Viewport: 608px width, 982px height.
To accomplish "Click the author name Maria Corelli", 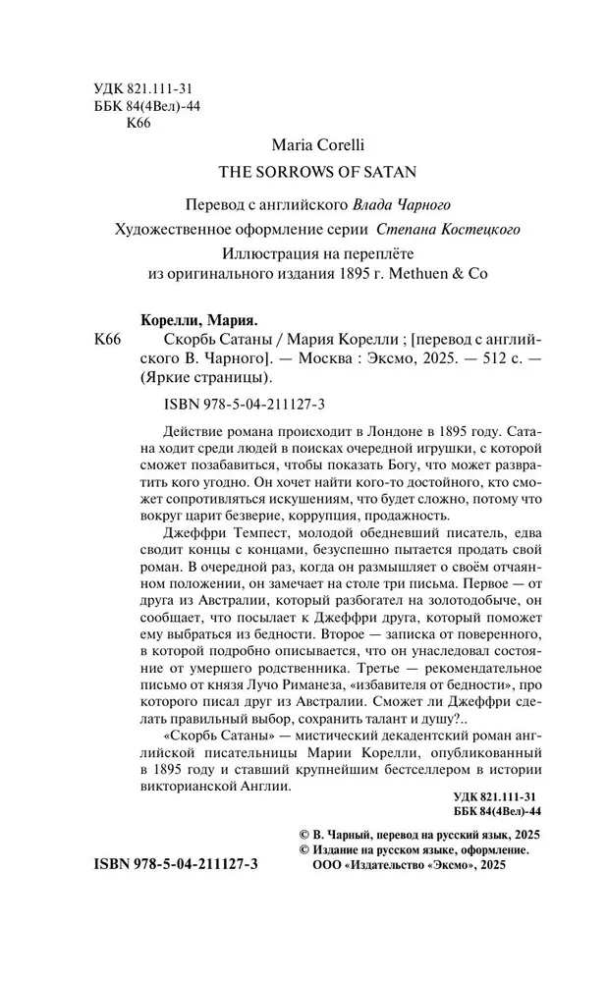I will (x=304, y=144).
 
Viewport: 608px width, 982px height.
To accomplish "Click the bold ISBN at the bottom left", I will (x=174, y=892).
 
